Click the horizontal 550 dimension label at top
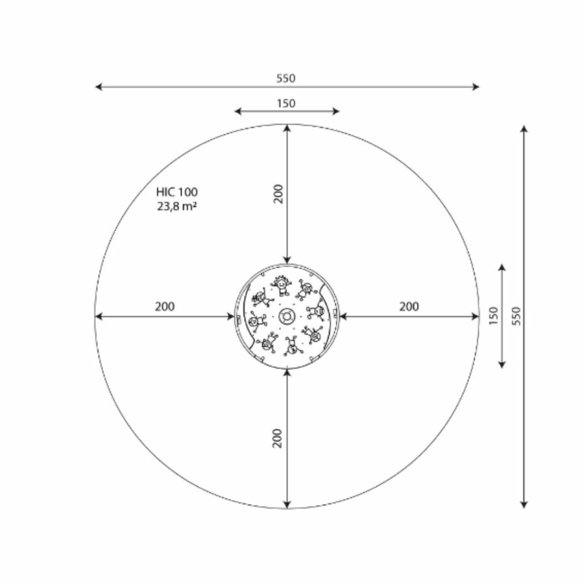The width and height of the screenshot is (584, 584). click(286, 79)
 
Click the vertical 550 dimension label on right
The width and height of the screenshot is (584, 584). click(517, 316)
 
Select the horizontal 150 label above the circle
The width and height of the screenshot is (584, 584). click(286, 103)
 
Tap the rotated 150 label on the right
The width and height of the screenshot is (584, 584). click(494, 316)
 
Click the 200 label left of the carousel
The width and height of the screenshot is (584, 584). click(165, 306)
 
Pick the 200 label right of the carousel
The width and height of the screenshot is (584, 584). click(409, 306)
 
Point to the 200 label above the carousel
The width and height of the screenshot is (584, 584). click(278, 193)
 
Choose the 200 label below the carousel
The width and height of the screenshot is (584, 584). click(278, 439)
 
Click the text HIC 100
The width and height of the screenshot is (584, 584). click(177, 192)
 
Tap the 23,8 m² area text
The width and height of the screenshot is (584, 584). click(177, 206)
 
